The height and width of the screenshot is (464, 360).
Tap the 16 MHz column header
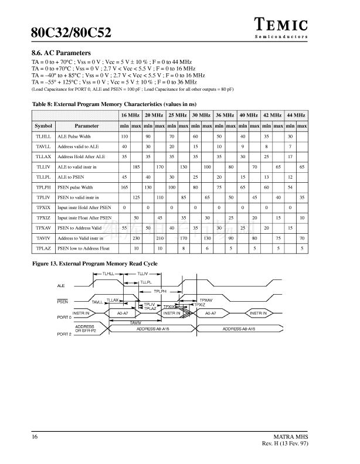pyautogui.click(x=130, y=115)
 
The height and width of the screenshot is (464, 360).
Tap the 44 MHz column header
pyautogui.click(x=296, y=115)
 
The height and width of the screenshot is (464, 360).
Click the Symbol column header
pyautogui.click(x=43, y=126)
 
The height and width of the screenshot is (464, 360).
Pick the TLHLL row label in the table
pyautogui.click(x=43, y=137)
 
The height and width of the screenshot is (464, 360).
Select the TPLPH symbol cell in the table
pyautogui.click(x=43, y=187)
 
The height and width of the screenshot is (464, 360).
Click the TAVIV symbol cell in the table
pyautogui.click(x=43, y=238)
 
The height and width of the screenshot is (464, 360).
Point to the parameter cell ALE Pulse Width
pyautogui.click(x=74, y=137)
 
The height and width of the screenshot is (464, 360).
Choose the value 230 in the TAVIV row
pyautogui.click(x=136, y=238)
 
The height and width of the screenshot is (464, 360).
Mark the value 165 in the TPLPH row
pyautogui.click(x=124, y=187)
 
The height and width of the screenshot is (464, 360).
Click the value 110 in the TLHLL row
pyautogui.click(x=124, y=137)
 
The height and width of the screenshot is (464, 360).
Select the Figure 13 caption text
pyautogui.click(x=94, y=264)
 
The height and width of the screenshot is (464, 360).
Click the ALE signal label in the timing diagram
pyautogui.click(x=61, y=285)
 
